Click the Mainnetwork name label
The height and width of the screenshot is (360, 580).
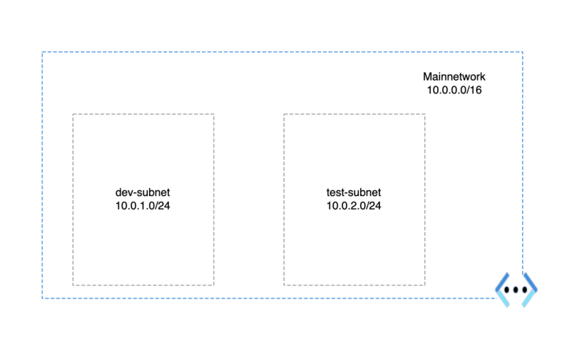coord(454,76)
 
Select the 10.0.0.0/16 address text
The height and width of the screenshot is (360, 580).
coord(454,90)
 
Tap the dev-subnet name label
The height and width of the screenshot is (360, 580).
coord(142,192)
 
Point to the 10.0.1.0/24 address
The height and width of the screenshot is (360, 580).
coord(142,206)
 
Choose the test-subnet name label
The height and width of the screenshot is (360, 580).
coord(354,192)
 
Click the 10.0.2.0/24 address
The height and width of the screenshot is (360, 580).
coord(354,206)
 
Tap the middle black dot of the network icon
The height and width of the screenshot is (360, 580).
coord(516,290)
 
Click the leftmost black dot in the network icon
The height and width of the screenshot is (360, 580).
coord(506,290)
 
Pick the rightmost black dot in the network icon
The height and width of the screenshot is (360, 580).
coord(525,290)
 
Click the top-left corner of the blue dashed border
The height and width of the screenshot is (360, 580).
coord(42,52)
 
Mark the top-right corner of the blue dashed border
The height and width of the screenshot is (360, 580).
coord(523,52)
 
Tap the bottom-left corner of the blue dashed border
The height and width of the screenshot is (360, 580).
coord(42,298)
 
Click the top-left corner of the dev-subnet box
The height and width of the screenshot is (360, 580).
coord(73,115)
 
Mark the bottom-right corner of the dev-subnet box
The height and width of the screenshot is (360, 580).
coord(214,285)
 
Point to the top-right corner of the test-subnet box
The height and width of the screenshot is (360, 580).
coord(425,115)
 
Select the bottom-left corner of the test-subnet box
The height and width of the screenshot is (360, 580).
coord(284,285)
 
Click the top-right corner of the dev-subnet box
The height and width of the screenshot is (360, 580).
coord(214,115)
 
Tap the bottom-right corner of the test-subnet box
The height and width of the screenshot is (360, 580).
coord(425,285)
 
